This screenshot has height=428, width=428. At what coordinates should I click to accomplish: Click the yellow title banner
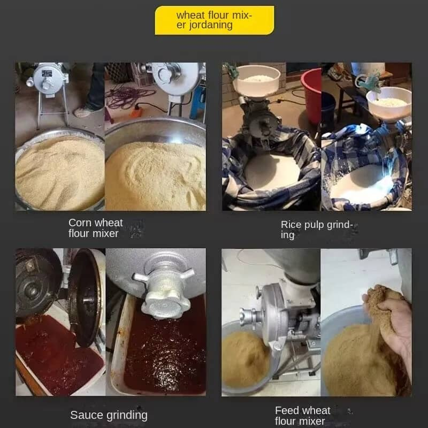pyautogui.click(x=215, y=20)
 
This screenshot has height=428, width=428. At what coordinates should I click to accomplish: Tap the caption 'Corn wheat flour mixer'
pyautogui.click(x=96, y=228)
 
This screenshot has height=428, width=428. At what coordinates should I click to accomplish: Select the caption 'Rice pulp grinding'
pyautogui.click(x=317, y=230)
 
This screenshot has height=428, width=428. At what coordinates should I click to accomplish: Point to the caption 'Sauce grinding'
pyautogui.click(x=109, y=415)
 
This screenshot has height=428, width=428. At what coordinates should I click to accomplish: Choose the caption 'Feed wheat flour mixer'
pyautogui.click(x=302, y=416)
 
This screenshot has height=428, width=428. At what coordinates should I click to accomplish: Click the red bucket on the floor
pyautogui.click(x=311, y=96)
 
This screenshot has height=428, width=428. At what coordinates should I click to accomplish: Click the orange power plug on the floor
pyautogui.click(x=136, y=111)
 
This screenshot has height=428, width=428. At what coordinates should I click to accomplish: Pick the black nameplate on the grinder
pyautogui.click(x=47, y=73)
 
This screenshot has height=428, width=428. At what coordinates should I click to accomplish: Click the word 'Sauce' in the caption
pyautogui.click(x=87, y=415)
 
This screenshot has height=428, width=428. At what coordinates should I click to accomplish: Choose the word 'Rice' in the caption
pyautogui.click(x=291, y=225)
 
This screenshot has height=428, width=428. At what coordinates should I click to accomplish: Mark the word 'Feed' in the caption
pyautogui.click(x=287, y=410)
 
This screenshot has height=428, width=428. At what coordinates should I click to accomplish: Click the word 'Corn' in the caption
pyautogui.click(x=79, y=223)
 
